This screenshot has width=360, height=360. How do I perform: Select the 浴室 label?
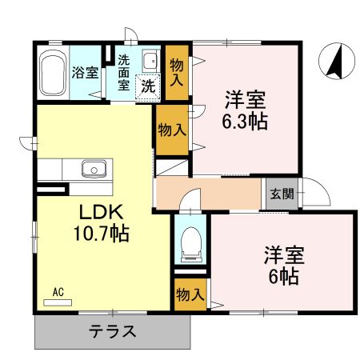pyautogui.click(x=86, y=73)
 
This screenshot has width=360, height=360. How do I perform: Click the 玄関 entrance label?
pyautogui.click(x=282, y=194)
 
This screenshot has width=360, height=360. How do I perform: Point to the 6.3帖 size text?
pyautogui.click(x=246, y=122)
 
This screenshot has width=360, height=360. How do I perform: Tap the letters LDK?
pyautogui.click(x=101, y=213)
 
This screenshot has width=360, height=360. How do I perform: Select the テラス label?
pyautogui.click(x=112, y=331)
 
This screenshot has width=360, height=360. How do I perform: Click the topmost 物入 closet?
pyautogui.click(x=176, y=73)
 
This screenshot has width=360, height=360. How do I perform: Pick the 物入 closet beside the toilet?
pyautogui.click(x=189, y=294)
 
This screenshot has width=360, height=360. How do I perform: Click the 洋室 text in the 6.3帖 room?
pyautogui.click(x=245, y=102)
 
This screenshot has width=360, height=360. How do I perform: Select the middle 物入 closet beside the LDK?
pyautogui.click(x=171, y=130)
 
